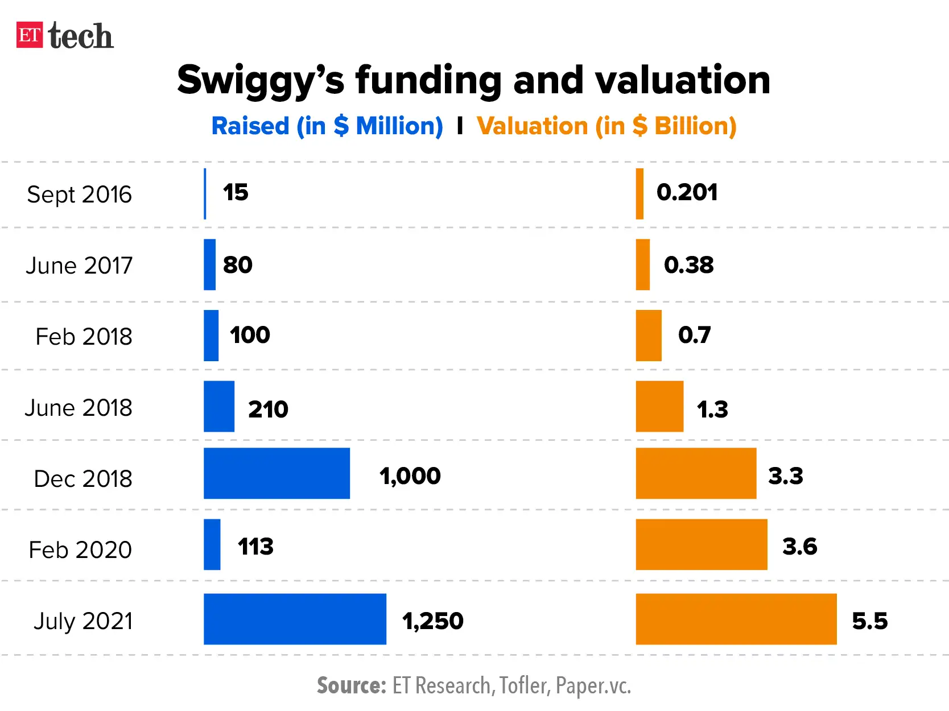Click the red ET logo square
click(x=29, y=35)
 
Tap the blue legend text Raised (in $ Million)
click(x=327, y=126)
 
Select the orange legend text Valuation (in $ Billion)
click(x=606, y=126)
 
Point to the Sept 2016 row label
click(x=79, y=195)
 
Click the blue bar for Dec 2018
click(x=277, y=473)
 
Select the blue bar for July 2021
click(x=295, y=619)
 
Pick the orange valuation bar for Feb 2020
click(x=701, y=544)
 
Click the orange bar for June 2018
click(x=659, y=406)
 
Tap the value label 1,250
click(x=433, y=621)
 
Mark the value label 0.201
click(x=687, y=192)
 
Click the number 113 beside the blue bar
click(x=255, y=547)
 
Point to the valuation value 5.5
click(x=869, y=621)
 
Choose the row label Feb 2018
click(x=84, y=337)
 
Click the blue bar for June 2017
click(x=209, y=264)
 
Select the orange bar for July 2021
click(x=736, y=619)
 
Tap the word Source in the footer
click(x=351, y=686)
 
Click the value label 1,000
click(x=410, y=476)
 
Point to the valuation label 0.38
click(x=688, y=265)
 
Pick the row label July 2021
click(x=83, y=621)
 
